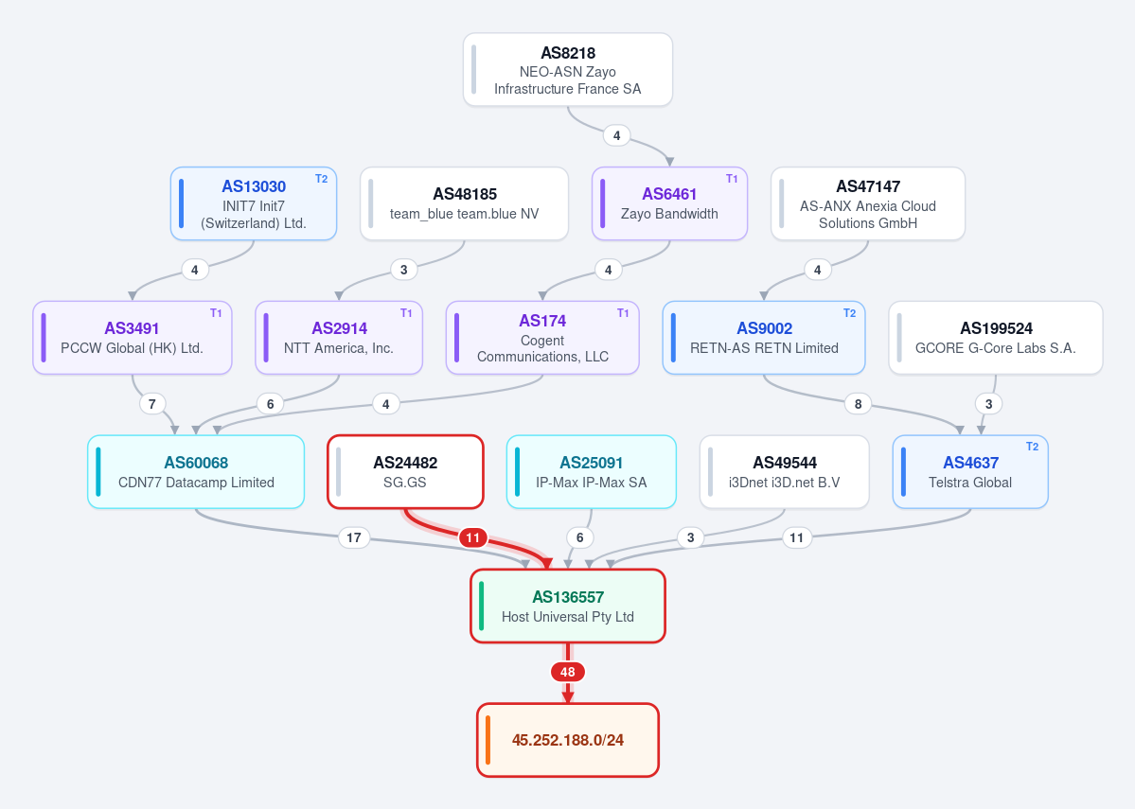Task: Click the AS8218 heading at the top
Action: pyautogui.click(x=568, y=53)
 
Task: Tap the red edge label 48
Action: pyautogui.click(x=568, y=672)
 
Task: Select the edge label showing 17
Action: pyautogui.click(x=353, y=537)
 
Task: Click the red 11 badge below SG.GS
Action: pyautogui.click(x=472, y=537)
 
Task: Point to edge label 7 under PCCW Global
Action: pyautogui.click(x=152, y=404)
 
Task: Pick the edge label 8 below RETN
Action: pyautogui.click(x=858, y=404)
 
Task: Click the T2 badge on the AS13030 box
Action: pyautogui.click(x=322, y=179)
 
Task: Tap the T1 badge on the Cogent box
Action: pyautogui.click(x=623, y=313)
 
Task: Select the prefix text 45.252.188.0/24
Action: pyautogui.click(x=568, y=740)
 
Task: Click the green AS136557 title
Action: pyautogui.click(x=568, y=597)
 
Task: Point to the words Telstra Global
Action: pyautogui.click(x=970, y=483)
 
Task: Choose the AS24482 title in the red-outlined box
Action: pyautogui.click(x=405, y=463)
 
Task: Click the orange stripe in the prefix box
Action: pyautogui.click(x=488, y=740)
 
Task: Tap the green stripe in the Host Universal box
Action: pyautogui.click(x=482, y=606)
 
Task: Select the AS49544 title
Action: pyautogui.click(x=785, y=463)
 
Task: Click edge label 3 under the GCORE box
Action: pyautogui.click(x=989, y=404)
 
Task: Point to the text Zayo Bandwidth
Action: pyautogui.click(x=669, y=214)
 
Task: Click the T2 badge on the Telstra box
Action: pyautogui.click(x=1032, y=447)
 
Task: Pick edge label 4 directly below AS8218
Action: pyautogui.click(x=616, y=135)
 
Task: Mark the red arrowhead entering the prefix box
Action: pyautogui.click(x=568, y=696)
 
